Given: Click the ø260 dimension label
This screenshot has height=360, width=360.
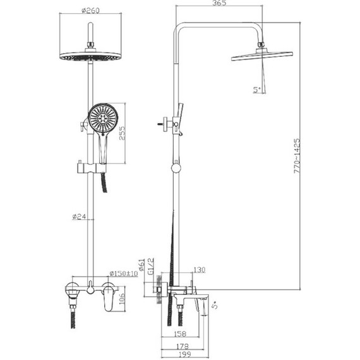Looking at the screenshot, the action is pos(91,10).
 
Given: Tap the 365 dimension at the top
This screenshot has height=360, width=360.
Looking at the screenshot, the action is pos(219,3).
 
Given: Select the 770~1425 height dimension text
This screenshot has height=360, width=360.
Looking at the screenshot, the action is pos(297,156).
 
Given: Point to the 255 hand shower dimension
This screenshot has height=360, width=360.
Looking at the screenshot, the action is pos(123,133).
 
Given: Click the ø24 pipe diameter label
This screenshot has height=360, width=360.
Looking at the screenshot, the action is pos(79,216).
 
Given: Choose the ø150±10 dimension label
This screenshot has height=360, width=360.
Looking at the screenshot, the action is pos(124,273).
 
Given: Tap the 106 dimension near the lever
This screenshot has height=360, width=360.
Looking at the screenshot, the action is pos(122,299).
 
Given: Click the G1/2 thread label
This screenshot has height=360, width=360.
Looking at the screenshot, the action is pos(151,267).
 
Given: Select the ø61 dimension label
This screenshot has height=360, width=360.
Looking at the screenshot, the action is pos(142,265).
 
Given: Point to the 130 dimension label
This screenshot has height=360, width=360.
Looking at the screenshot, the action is pos(200,270).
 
